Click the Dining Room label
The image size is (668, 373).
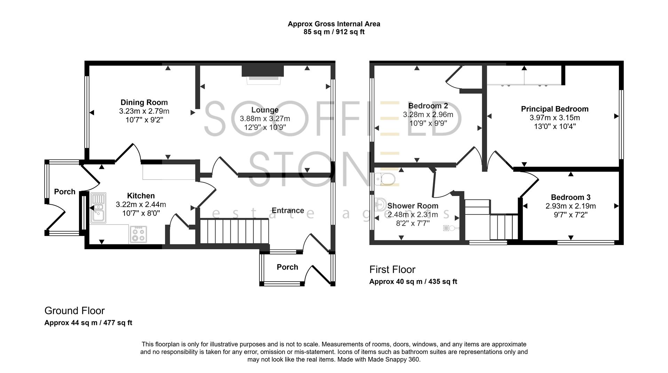click(144, 102)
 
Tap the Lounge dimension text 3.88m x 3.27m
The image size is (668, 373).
click(265, 119)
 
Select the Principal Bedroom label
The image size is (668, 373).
click(555, 109)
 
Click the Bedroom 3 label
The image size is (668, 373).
click(571, 197)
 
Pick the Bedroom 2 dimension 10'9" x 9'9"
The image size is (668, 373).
click(428, 123)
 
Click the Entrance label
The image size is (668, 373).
click(288, 210)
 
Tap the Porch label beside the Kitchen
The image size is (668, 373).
click(65, 192)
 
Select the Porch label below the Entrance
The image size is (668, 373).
click(287, 267)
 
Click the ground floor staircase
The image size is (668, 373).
click(234, 231)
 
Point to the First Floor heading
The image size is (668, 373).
click(392, 269)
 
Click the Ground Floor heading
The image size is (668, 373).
click(74, 310)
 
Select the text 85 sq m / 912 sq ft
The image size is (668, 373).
click(334, 32)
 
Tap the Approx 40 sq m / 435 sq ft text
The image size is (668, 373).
click(413, 282)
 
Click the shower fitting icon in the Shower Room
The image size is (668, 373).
click(450, 228)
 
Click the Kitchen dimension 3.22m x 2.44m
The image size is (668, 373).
click(141, 204)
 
